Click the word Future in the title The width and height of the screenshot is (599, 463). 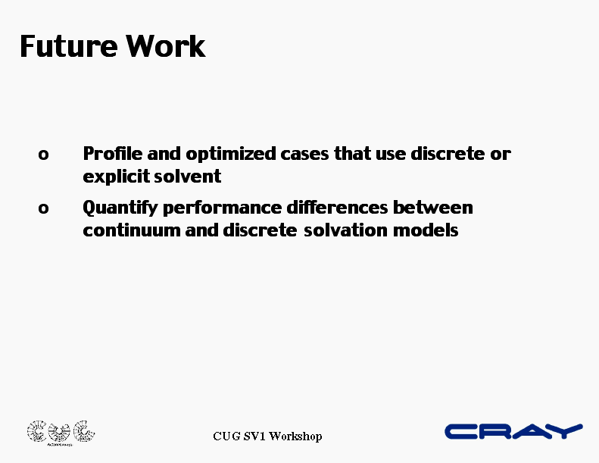tap(69, 46)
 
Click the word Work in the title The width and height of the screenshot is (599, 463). tap(166, 46)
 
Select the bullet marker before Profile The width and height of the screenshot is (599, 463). tap(43, 155)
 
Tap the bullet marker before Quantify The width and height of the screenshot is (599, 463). tap(43, 208)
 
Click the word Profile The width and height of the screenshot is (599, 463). tap(113, 154)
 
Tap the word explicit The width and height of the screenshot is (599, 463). tap(116, 177)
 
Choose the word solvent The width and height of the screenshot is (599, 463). tap(187, 177)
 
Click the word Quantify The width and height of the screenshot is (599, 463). tap(120, 208)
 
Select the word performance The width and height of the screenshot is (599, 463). tap(223, 208)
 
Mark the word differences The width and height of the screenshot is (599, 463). tap(337, 208)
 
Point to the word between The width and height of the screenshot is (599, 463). tap(433, 208)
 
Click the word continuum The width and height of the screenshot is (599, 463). tap(132, 231)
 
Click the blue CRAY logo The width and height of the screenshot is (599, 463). tap(513, 431)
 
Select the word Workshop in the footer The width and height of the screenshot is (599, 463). tap(295, 436)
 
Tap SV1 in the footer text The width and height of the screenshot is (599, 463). tap(254, 436)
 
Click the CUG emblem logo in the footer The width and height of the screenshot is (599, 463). tap(61, 433)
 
